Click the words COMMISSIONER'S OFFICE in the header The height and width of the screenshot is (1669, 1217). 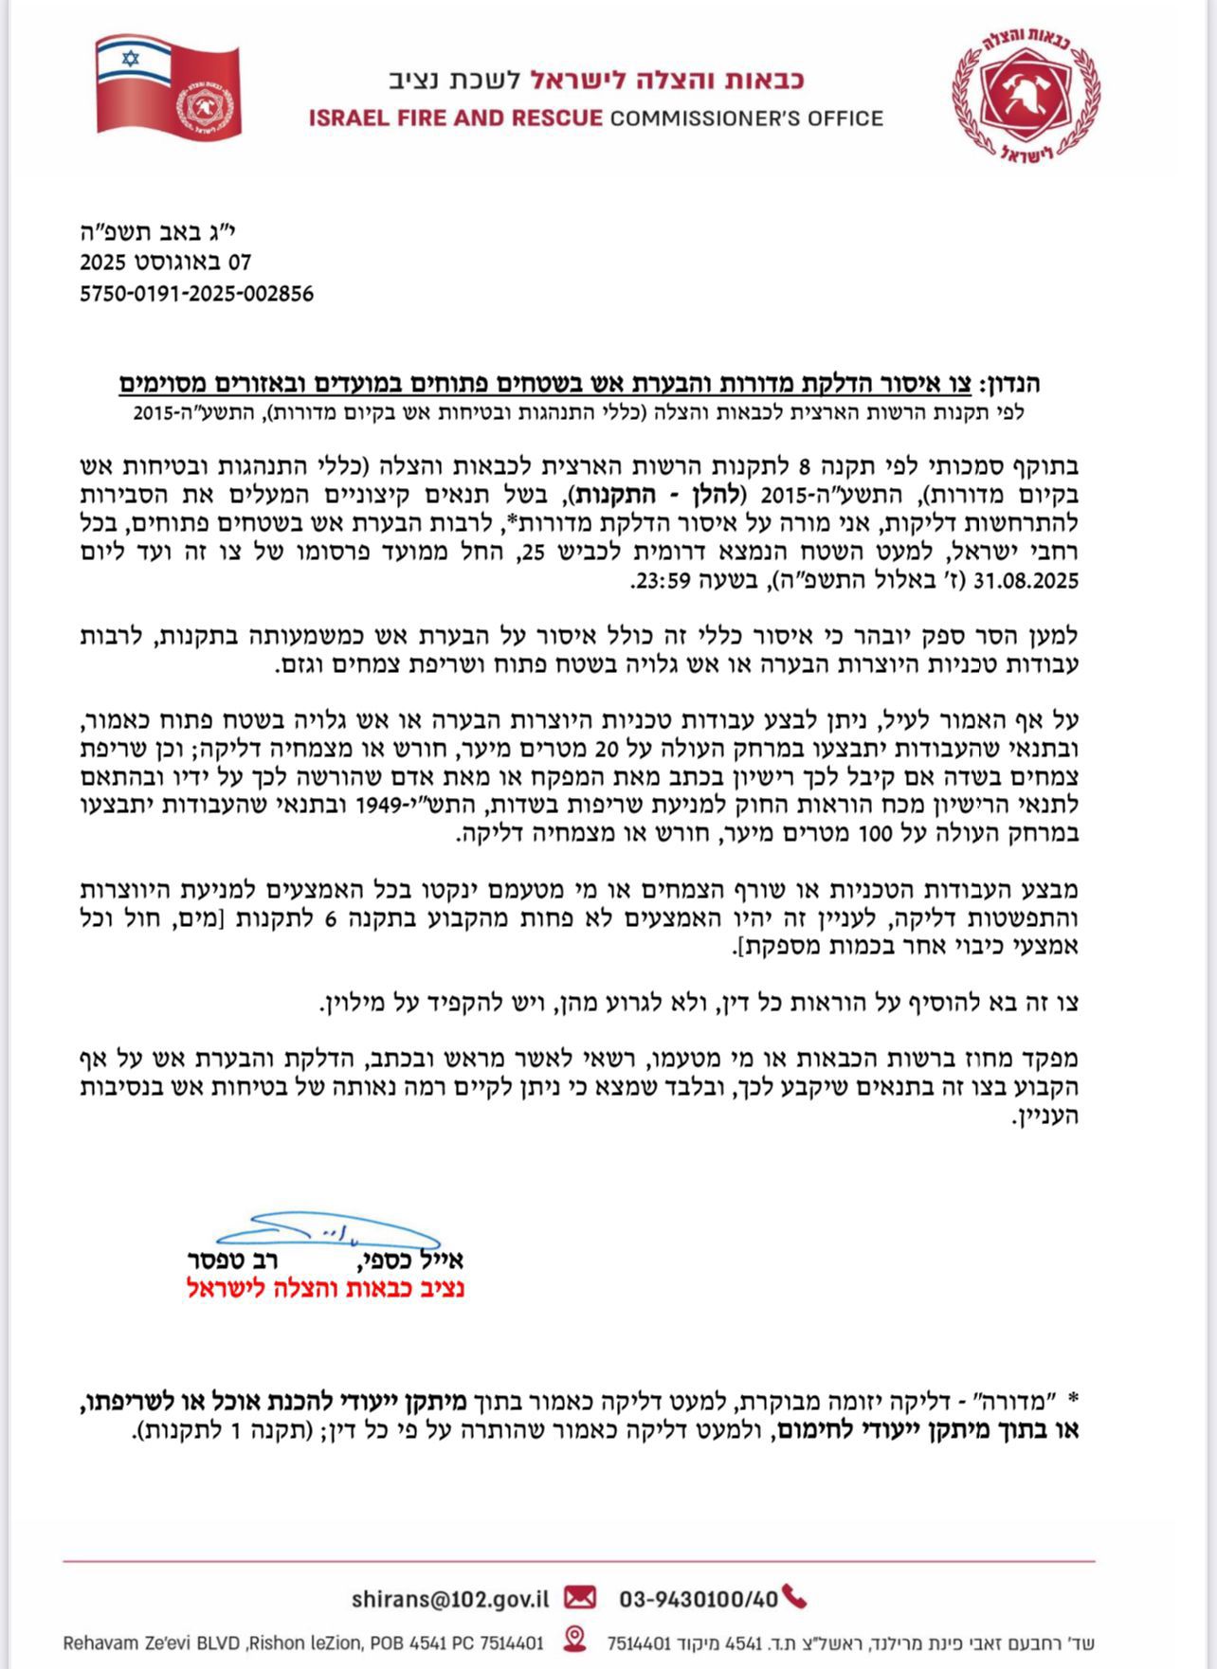tap(746, 118)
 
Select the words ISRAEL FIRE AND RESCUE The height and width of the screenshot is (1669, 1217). tap(455, 118)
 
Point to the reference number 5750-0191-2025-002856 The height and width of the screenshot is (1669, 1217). tap(196, 294)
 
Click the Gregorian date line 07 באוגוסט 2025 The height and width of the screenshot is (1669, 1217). tap(165, 263)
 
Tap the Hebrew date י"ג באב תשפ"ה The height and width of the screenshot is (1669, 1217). tap(167, 231)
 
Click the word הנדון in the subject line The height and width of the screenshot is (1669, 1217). tap(1012, 384)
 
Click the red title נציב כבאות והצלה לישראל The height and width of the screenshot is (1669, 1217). tap(325, 1288)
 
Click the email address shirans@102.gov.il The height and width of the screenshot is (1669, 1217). tap(450, 1599)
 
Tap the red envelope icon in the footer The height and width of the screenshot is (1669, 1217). tap(580, 1598)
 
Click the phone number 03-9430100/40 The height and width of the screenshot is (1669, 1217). tap(699, 1599)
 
